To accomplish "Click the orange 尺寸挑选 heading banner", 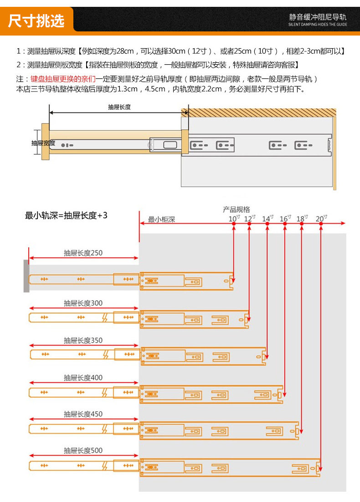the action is pyautogui.click(x=36, y=20).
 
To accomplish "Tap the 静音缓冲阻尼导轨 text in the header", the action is pyautogui.click(x=318, y=17).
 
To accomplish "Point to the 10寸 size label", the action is pyautogui.click(x=234, y=219).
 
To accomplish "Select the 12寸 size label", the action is pyautogui.click(x=250, y=219).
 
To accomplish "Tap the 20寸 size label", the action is pyautogui.click(x=321, y=219).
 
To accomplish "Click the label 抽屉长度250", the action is pyautogui.click(x=83, y=253).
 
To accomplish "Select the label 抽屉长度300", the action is pyautogui.click(x=83, y=303).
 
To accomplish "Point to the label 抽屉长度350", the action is pyautogui.click(x=83, y=340).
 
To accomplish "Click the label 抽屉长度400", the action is pyautogui.click(x=83, y=378).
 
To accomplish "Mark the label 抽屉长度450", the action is pyautogui.click(x=83, y=414).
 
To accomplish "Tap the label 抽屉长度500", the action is pyautogui.click(x=83, y=451).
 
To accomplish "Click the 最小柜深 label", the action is pyautogui.click(x=161, y=220).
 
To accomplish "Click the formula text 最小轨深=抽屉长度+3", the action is pyautogui.click(x=66, y=215).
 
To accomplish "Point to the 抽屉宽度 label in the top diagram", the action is pyautogui.click(x=43, y=143).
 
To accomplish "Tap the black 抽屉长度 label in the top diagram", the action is pyautogui.click(x=119, y=107).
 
